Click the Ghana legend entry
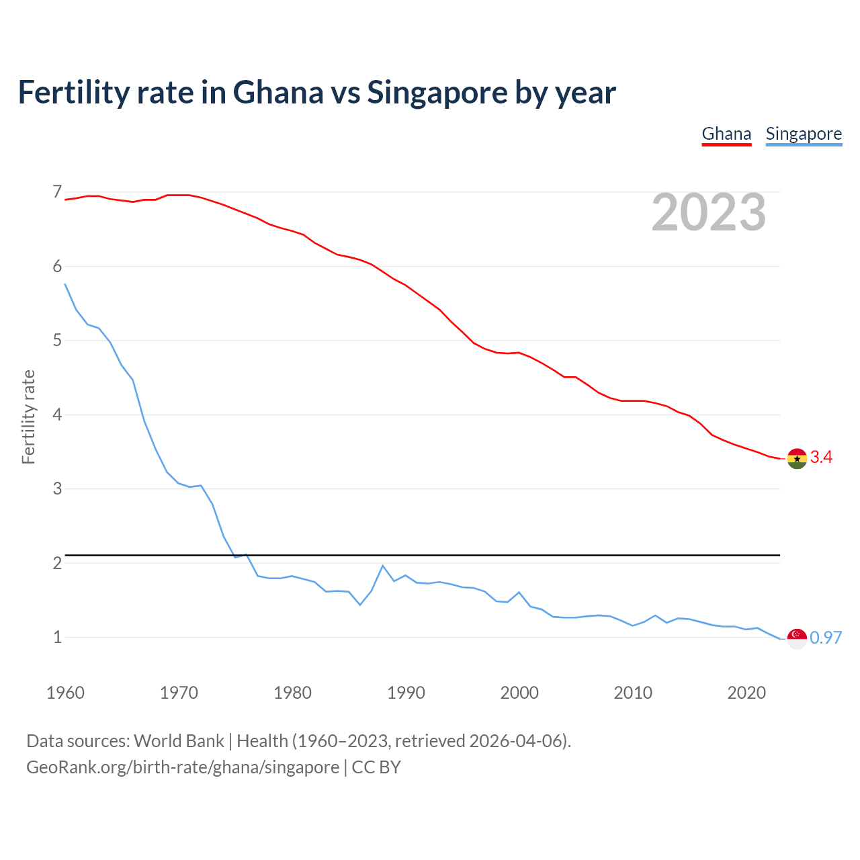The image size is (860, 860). click(726, 134)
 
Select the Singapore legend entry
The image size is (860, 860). click(804, 134)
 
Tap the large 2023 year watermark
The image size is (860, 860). click(709, 212)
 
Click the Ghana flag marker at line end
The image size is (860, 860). click(797, 458)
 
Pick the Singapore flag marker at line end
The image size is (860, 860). click(797, 638)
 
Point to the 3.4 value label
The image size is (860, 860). click(821, 458)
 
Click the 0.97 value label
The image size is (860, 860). click(826, 638)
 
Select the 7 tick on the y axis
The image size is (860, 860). click(57, 192)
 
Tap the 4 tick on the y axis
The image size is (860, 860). click(57, 415)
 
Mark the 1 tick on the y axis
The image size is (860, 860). click(57, 637)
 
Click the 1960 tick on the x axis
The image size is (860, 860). click(65, 693)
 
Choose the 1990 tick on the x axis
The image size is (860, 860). click(406, 693)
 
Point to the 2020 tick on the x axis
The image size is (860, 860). click(746, 693)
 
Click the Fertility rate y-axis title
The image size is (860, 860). click(28, 417)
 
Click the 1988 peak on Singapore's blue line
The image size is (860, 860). click(382, 566)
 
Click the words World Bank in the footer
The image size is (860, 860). click(179, 741)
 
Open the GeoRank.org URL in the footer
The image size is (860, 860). click(183, 767)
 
